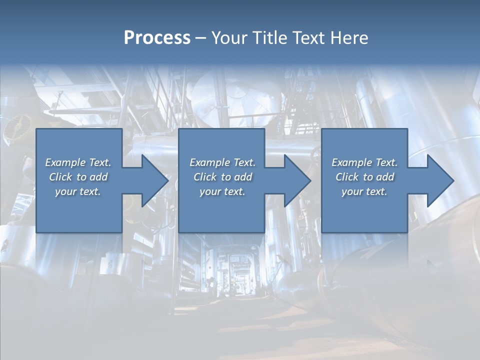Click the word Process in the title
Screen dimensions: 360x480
pyautogui.click(x=157, y=38)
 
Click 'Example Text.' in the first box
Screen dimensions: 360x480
pyautogui.click(x=78, y=162)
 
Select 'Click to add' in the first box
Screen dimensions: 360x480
pyautogui.click(x=78, y=177)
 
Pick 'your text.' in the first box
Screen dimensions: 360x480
pyautogui.click(x=78, y=191)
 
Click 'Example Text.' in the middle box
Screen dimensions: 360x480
pyautogui.click(x=222, y=162)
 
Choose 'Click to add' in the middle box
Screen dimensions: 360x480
pyautogui.click(x=222, y=177)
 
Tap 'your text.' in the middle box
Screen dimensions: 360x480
pyautogui.click(x=222, y=191)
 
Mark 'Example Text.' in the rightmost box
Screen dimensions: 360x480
pyautogui.click(x=364, y=162)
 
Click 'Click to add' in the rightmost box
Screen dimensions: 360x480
pyautogui.click(x=364, y=177)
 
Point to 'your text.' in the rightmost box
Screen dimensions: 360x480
pyautogui.click(x=364, y=191)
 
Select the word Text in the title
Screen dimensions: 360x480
pyautogui.click(x=306, y=38)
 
